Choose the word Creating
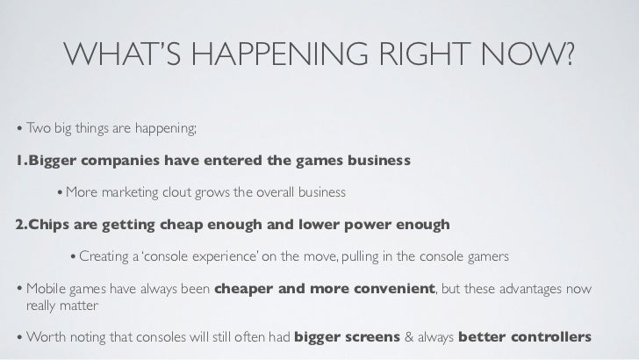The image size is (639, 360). [x=104, y=256]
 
